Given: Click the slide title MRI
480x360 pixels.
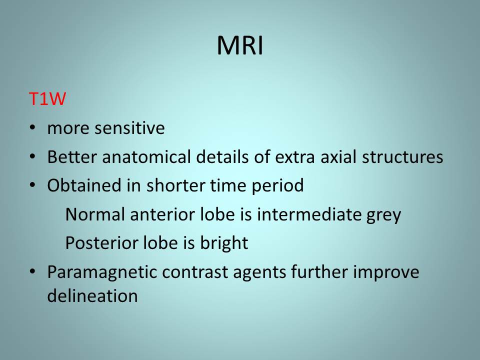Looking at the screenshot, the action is [240, 45].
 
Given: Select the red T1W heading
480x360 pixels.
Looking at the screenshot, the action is [47, 99].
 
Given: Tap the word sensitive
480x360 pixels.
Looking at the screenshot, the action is [129, 128].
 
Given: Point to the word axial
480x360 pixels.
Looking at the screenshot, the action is [338, 156].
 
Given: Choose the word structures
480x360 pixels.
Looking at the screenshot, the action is [402, 156].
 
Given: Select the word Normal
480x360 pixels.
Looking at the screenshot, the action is [95, 214].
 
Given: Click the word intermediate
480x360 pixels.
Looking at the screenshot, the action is [309, 214].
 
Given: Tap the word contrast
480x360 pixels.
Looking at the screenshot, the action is [195, 272].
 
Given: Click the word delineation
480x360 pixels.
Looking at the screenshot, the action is [92, 295].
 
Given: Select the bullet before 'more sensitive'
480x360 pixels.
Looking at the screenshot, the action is [32, 127].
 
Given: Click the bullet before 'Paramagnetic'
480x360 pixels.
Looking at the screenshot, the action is [32, 271].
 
